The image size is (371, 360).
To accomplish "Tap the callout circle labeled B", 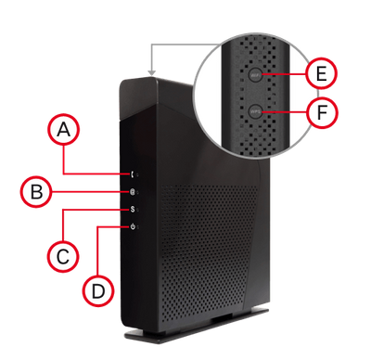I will pos(37,192).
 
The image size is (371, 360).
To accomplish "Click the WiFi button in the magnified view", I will pos(265,72).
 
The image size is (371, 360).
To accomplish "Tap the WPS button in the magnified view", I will pos(265,112).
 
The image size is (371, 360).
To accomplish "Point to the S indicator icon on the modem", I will pos(135,210).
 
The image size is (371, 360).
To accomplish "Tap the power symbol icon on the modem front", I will pos(135,227).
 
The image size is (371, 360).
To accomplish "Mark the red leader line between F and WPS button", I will pos(290,112).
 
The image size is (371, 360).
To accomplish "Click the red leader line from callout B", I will pos(88,192).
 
